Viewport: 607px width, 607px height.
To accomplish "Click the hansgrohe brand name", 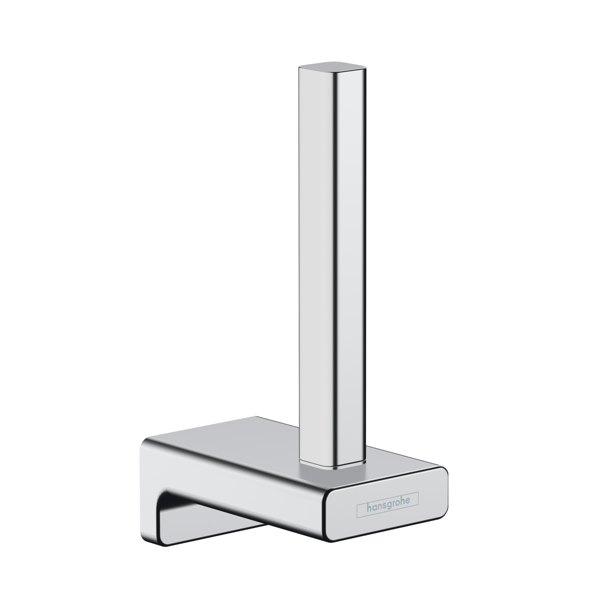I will coord(388,500).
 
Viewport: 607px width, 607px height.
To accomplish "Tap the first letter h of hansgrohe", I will coord(369,502).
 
